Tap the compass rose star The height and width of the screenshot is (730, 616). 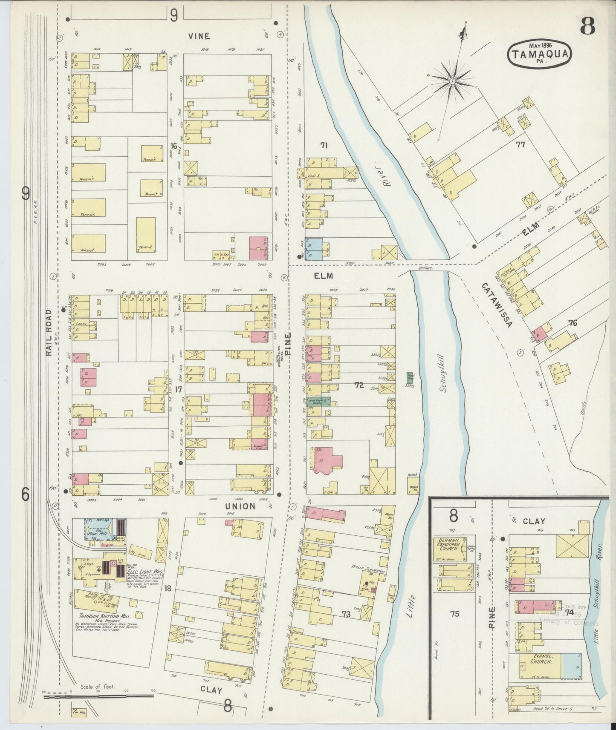tap(452, 80)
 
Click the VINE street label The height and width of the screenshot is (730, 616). tap(200, 37)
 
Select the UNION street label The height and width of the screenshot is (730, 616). tap(240, 506)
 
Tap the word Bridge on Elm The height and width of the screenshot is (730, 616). tap(425, 268)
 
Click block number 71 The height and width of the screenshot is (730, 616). tap(324, 145)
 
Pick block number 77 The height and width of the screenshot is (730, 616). tap(520, 144)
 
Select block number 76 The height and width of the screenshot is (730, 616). tap(572, 323)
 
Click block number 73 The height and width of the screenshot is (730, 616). tap(346, 614)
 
